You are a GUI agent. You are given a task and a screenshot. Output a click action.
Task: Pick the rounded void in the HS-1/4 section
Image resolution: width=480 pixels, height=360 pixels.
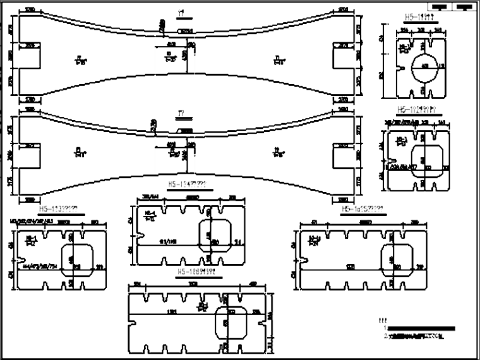point(213,235)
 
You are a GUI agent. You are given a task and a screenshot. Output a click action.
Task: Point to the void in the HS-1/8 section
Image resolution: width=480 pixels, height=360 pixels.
point(230,323)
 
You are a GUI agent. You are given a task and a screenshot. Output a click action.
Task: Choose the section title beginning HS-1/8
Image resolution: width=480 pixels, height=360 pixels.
point(200,273)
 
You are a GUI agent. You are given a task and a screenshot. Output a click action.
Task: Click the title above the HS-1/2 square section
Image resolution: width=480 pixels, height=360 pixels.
point(419,109)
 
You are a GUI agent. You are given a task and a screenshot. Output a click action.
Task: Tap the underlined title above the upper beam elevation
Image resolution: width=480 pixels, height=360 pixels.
point(182,13)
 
